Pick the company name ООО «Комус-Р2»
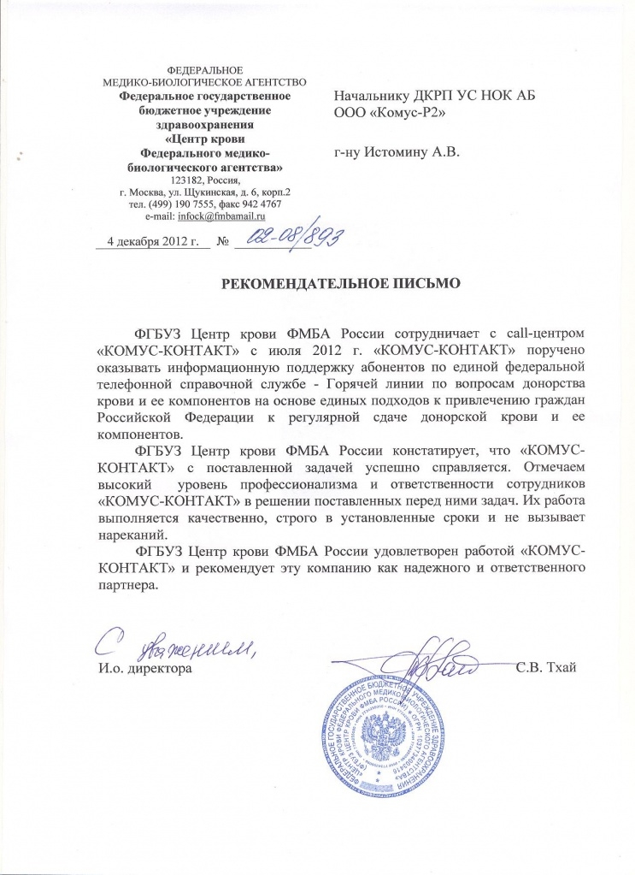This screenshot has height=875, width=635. coord(391,111)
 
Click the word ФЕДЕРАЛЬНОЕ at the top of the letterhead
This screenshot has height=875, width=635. coord(204,68)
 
